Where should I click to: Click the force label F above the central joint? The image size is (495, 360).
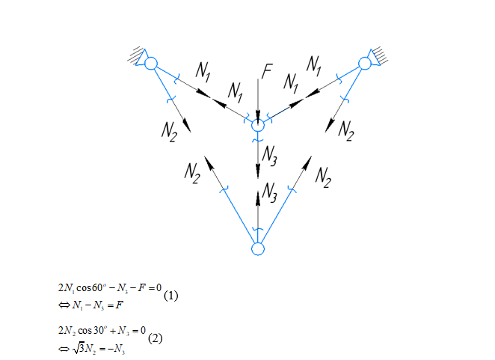pos(267,72)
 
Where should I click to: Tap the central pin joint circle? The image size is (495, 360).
pos(258,126)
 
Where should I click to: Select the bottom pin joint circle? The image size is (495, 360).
pos(258,248)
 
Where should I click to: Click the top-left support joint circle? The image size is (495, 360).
pos(151,64)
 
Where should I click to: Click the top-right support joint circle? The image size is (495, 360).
pos(365,64)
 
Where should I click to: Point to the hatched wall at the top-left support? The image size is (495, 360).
pos(135,54)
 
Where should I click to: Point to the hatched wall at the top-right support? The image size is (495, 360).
pos(380,54)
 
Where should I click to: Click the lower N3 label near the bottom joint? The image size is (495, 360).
pos(270,196)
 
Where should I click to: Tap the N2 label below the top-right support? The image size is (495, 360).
pos(345,130)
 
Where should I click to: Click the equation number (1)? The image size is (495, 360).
pos(170,295)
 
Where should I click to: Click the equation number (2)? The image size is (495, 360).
pos(155,338)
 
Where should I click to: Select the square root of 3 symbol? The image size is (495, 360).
pos(76,344)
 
